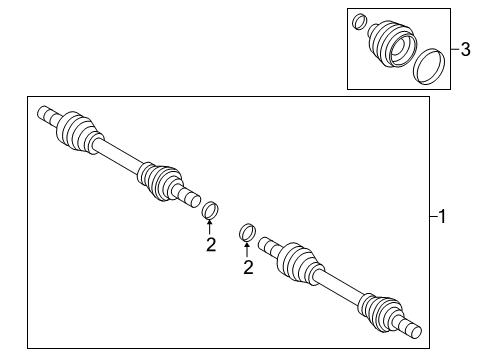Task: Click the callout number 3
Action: tap(465, 47)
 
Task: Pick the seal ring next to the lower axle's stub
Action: tap(247, 233)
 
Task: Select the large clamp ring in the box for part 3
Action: tap(430, 66)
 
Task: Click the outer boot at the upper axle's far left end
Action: tap(76, 130)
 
